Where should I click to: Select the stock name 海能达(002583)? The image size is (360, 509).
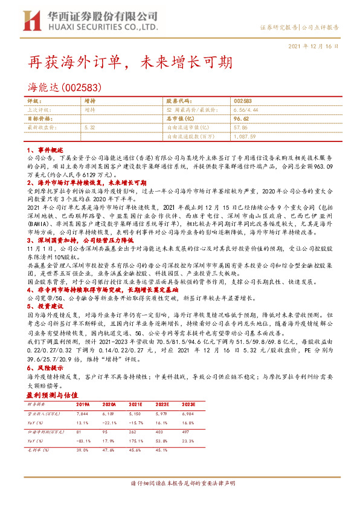tap(60, 86)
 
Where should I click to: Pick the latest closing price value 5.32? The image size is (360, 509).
tap(90, 128)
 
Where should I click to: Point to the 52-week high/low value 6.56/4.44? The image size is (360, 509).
tap(246, 110)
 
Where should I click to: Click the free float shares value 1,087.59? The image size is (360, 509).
tap(246, 137)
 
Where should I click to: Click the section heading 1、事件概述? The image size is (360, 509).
tap(46, 149)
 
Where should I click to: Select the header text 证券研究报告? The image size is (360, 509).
tap(278, 28)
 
